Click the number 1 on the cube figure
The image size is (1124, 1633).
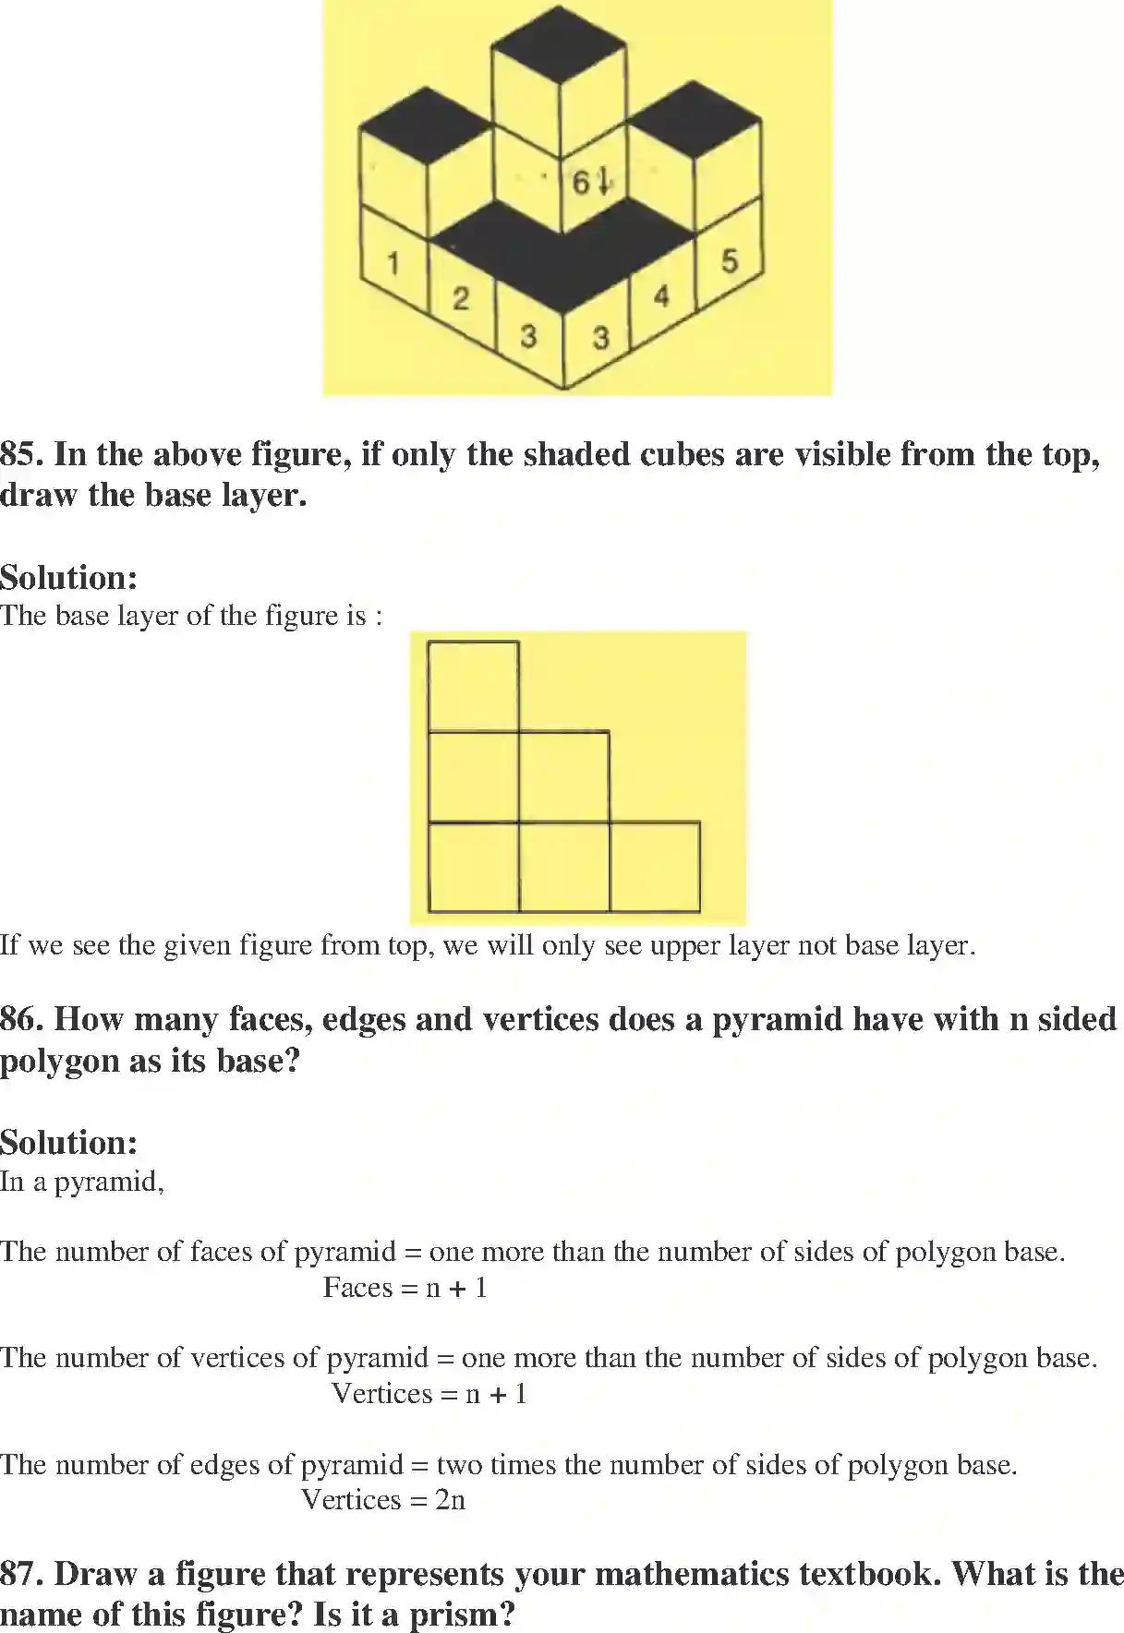393,263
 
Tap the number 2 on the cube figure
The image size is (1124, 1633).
461,298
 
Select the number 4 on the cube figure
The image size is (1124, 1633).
661,296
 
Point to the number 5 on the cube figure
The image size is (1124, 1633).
730,261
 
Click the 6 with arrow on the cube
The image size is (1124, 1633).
590,181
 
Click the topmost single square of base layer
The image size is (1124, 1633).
473,686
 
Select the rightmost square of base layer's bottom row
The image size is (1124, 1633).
654,867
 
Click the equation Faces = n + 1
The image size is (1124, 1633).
405,1287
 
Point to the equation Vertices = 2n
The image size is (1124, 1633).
383,1499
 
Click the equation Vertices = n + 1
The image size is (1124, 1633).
429,1393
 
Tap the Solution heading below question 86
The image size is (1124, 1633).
68,1143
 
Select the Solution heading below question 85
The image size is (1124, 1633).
68,578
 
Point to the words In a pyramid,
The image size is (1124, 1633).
81,1182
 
